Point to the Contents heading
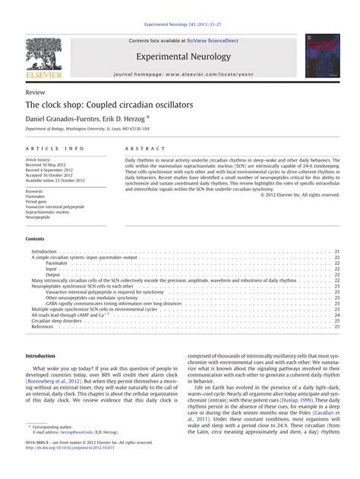click(x=36, y=238)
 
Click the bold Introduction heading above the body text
click(x=41, y=356)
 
